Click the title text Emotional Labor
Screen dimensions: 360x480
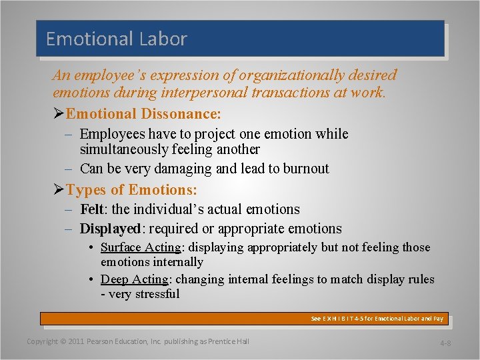[x=116, y=39]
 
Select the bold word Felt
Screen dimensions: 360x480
[x=93, y=209]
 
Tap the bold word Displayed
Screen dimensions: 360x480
[x=110, y=229]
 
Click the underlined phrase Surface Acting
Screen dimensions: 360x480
[x=141, y=247]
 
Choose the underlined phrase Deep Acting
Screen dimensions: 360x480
[x=134, y=279]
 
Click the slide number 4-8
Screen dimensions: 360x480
[x=445, y=343]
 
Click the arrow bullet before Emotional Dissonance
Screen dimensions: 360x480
[x=59, y=114]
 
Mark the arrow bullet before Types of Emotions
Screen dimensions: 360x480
[x=59, y=190]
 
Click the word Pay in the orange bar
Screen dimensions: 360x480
[x=438, y=319]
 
